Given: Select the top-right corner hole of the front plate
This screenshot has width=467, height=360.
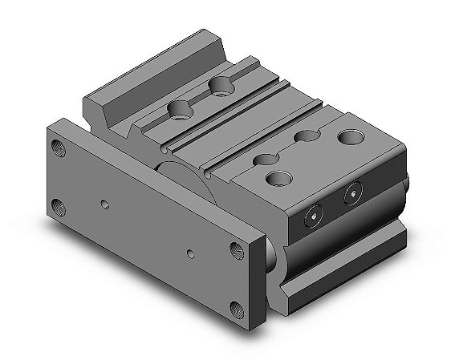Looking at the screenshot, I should (236, 249).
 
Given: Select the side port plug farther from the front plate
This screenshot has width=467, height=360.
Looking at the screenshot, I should (352, 191).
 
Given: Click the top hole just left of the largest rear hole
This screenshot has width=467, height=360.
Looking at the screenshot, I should (306, 137).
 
